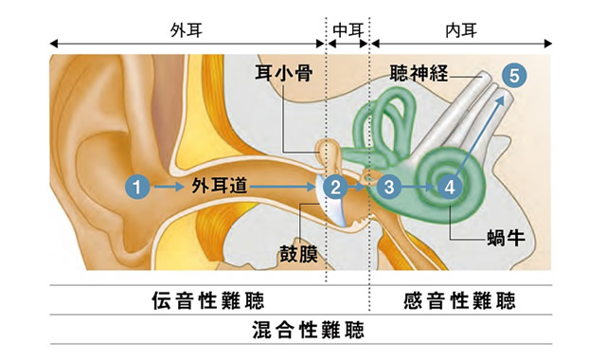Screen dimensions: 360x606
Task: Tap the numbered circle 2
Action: pyautogui.click(x=333, y=187)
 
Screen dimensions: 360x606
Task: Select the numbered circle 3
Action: pyautogui.click(x=388, y=187)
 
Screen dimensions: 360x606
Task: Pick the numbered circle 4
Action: pyautogui.click(x=450, y=187)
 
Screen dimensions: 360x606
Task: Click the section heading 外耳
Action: pyautogui.click(x=185, y=28)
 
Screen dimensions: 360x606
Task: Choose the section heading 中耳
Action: pyautogui.click(x=348, y=28)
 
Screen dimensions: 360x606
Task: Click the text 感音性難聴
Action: pyautogui.click(x=459, y=302)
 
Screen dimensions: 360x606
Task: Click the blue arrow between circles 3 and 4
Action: pyautogui.click(x=419, y=188)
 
